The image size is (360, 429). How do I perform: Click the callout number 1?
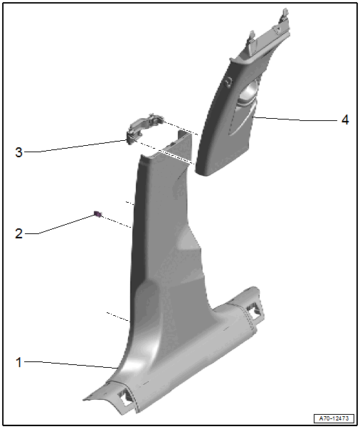click(x=18, y=362)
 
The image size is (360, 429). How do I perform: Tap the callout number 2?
click(x=18, y=233)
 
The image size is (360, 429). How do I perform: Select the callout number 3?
click(x=18, y=152)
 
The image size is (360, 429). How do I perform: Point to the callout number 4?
click(x=345, y=120)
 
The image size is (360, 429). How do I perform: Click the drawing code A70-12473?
click(x=334, y=418)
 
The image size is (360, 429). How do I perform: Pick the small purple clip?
click(x=97, y=213)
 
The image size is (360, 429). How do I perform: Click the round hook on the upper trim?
click(x=227, y=83)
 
